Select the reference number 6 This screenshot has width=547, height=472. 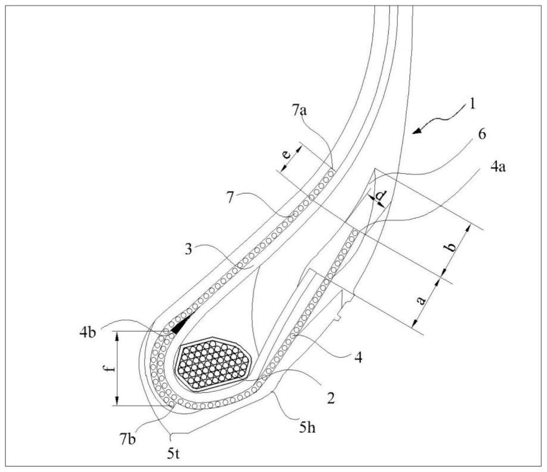[481, 134]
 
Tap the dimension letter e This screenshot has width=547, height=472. [288, 153]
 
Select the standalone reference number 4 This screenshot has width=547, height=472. [358, 358]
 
